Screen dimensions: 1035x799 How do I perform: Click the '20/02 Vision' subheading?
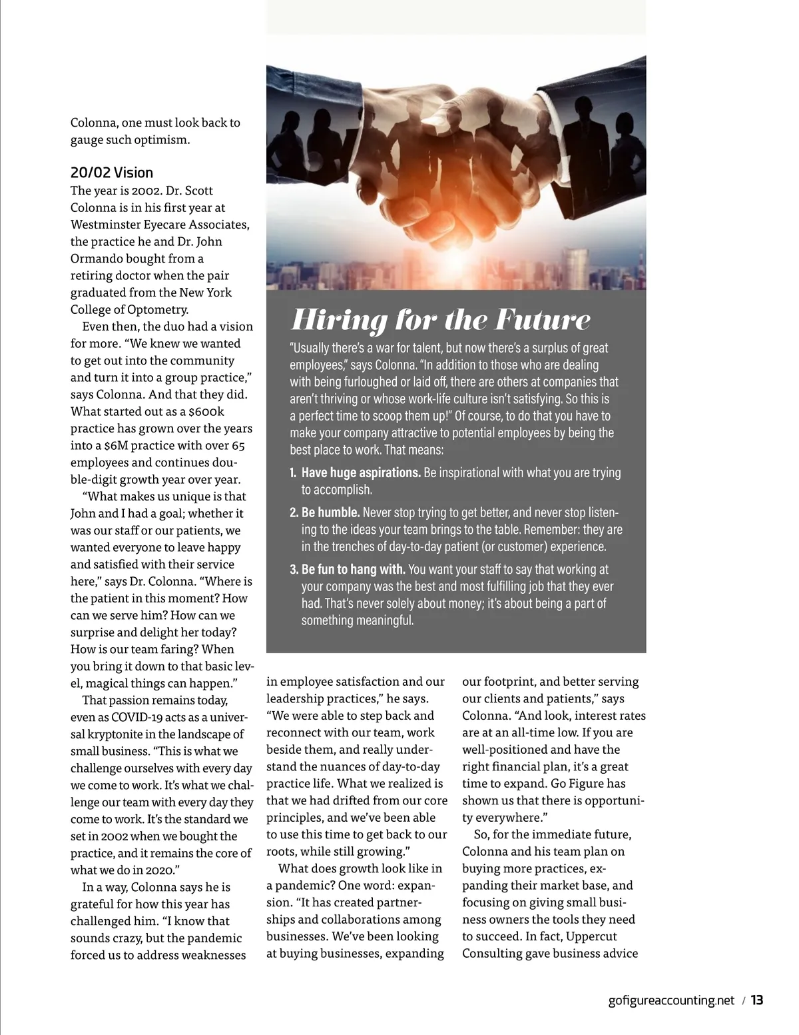click(112, 173)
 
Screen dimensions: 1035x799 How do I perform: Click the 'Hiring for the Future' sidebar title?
click(441, 320)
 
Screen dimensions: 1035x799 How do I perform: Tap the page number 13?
click(757, 1000)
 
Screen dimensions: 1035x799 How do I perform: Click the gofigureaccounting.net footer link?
click(671, 1000)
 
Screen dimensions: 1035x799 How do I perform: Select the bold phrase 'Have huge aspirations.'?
click(361, 473)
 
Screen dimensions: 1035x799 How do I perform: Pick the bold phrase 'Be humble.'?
click(330, 513)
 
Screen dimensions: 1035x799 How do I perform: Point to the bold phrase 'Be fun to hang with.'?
click(353, 569)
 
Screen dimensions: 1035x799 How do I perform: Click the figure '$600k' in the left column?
click(206, 411)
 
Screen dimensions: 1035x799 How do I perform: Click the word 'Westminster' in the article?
click(105, 224)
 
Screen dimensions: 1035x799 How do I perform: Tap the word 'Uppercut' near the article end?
click(593, 936)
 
